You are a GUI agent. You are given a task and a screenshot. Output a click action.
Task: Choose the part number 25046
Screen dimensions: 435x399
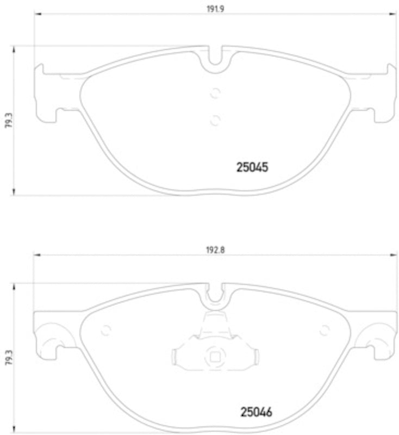coord(256,412)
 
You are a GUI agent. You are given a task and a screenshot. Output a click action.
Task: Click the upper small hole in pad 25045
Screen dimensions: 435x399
coord(215,93)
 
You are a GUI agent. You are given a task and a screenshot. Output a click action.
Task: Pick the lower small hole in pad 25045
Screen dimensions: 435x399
coord(215,119)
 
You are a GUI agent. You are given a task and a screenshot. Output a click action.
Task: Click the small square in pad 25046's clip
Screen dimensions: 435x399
coord(215,357)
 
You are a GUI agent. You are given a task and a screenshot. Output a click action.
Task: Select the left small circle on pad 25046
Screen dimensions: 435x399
coord(107,330)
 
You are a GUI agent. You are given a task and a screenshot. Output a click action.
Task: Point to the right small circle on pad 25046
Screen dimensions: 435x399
coord(325,330)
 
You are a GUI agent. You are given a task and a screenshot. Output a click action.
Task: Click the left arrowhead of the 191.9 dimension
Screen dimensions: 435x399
coord(37,15)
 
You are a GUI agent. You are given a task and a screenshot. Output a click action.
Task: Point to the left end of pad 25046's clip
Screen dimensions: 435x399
coord(174,357)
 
